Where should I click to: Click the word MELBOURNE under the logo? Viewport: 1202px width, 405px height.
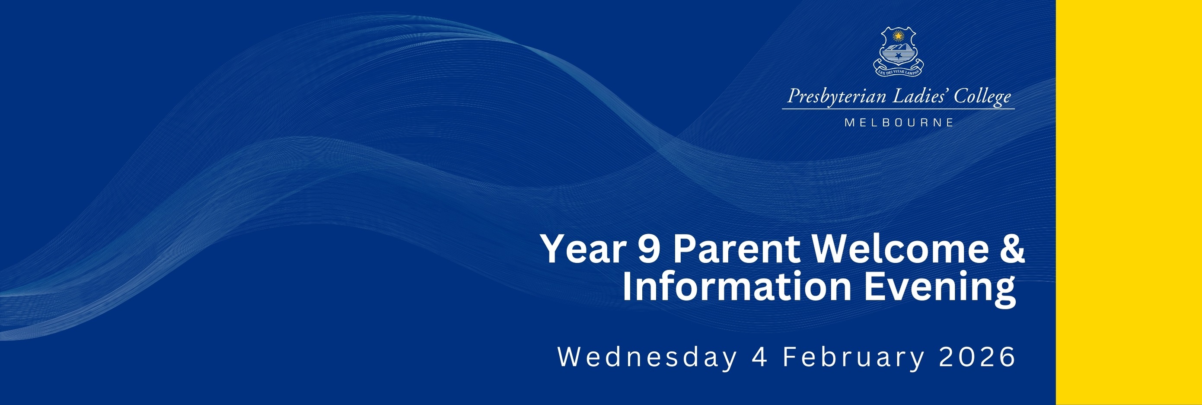pos(899,123)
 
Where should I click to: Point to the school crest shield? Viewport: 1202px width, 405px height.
pos(898,48)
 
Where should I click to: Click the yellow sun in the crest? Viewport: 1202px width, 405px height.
pos(898,35)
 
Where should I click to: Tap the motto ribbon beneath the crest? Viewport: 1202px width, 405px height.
pos(898,70)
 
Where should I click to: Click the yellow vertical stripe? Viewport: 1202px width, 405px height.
pos(1129,202)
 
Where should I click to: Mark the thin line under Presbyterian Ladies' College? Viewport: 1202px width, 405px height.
pos(898,109)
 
